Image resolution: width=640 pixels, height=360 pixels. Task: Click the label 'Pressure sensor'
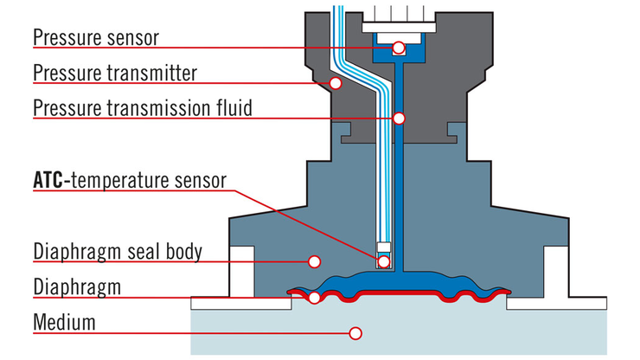pos(95,38)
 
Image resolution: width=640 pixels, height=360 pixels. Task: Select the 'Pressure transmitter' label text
pos(115,74)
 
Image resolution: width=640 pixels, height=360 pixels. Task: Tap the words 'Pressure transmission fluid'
pos(143,109)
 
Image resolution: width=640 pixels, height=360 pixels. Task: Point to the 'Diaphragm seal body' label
pos(118,253)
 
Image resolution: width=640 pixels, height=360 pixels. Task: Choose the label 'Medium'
pos(64,324)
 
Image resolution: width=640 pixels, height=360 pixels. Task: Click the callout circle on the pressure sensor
pos(398,47)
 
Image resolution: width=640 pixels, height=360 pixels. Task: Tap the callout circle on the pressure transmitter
pos(335,82)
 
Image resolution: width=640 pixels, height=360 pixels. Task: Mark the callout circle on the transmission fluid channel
pos(399,118)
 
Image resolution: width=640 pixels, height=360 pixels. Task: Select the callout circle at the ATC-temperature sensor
pos(382,260)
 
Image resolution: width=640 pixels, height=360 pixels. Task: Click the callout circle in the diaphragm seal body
pos(314,260)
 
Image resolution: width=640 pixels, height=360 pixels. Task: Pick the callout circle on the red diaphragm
pos(314,297)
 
